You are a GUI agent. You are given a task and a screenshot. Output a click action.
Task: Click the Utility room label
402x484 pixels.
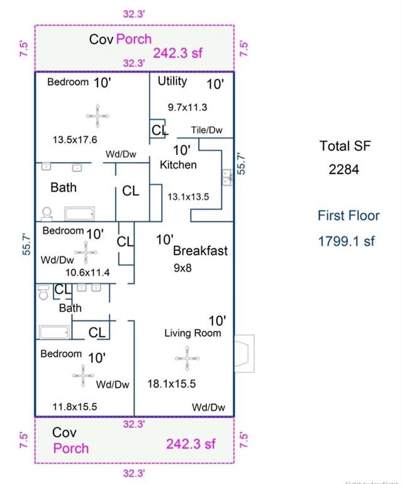[172, 81]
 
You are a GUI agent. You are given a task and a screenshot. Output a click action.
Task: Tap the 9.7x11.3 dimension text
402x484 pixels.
[187, 107]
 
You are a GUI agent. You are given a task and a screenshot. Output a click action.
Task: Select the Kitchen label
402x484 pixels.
[178, 165]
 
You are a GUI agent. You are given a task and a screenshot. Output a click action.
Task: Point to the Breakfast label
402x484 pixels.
[200, 251]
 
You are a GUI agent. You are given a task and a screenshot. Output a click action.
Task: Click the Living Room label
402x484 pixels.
[193, 333]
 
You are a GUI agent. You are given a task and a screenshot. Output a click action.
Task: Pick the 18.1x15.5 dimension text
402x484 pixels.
[172, 383]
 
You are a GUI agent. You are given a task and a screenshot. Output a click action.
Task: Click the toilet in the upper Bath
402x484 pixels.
[46, 213]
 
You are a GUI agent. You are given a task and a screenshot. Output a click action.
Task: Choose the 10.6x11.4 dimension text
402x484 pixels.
[88, 272]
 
